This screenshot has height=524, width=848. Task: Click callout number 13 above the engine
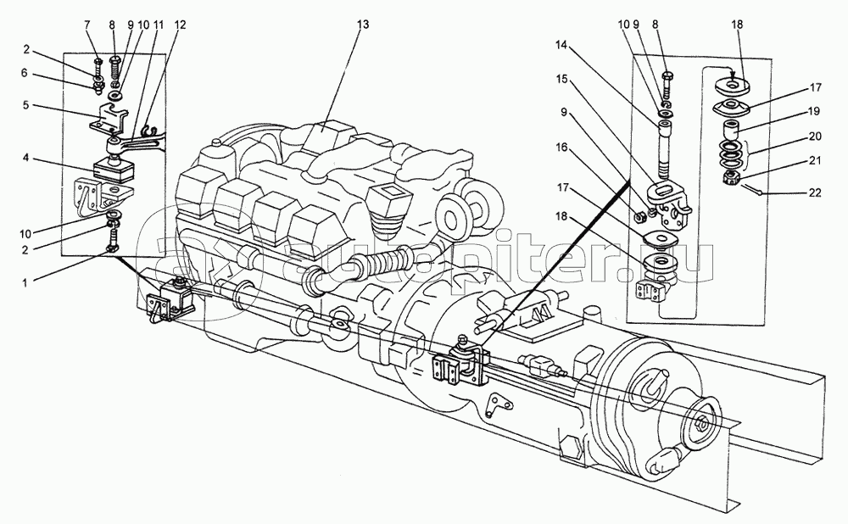click(363, 25)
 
